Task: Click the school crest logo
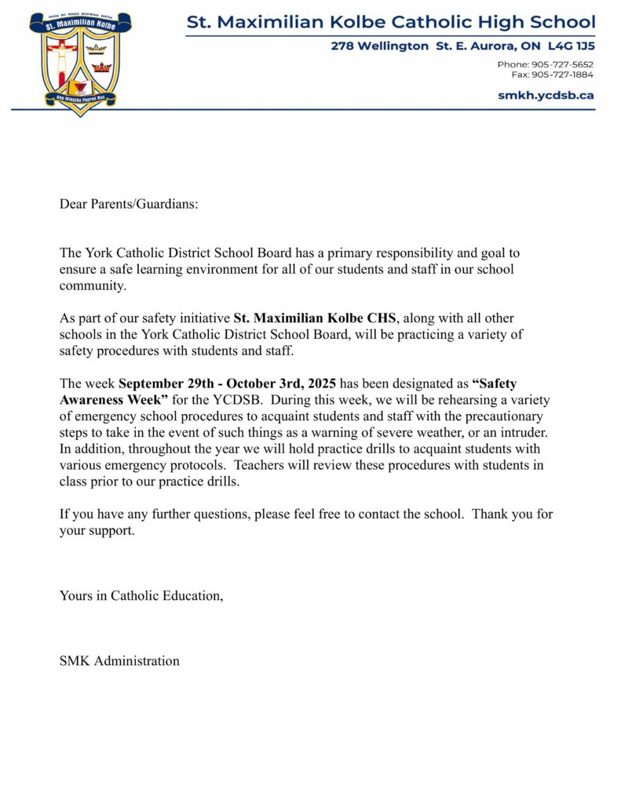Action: tap(80, 63)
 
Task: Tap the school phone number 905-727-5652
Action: tap(564, 64)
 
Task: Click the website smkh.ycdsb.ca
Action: tap(546, 95)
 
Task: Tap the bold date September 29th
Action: tap(163, 383)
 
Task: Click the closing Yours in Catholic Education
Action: tap(141, 595)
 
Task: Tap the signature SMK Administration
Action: tap(119, 660)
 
